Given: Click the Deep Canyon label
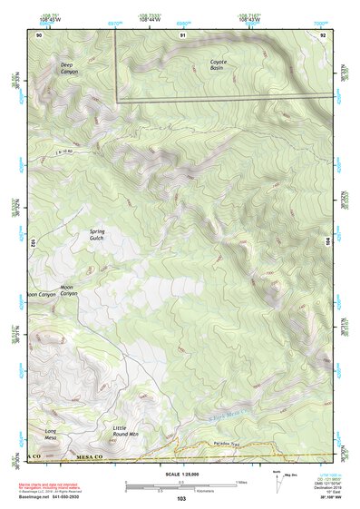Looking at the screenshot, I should tap(70, 69).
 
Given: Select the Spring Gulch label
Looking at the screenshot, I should tap(97, 235).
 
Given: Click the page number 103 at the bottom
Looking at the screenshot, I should tap(180, 499).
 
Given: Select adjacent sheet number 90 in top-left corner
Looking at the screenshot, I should tap(39, 35).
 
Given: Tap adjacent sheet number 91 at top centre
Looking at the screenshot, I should tap(183, 35).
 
